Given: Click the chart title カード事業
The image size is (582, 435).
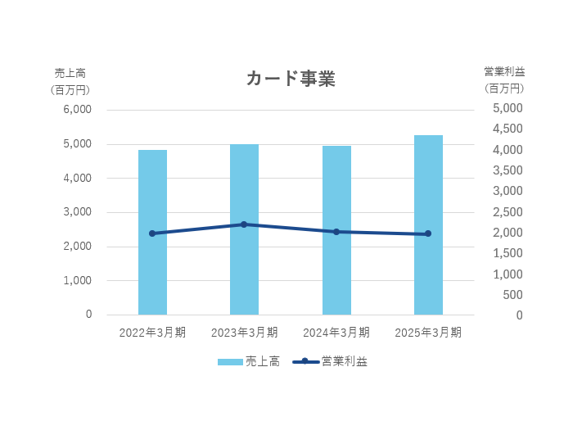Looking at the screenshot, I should (x=291, y=79).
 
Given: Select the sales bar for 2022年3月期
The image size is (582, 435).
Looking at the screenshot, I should (x=152, y=246).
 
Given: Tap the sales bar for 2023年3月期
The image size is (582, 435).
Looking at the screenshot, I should (x=244, y=246).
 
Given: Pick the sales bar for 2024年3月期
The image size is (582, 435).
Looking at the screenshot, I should (x=336, y=246).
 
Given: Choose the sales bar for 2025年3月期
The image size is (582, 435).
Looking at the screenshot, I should (x=428, y=246).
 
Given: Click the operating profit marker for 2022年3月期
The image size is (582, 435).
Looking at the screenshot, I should (x=152, y=233).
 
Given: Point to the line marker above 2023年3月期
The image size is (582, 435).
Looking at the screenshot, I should (x=244, y=224).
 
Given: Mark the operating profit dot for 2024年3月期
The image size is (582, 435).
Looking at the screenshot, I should (x=336, y=232).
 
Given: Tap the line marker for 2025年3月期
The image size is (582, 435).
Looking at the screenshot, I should (x=428, y=233).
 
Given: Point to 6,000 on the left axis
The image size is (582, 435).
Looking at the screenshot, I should (x=77, y=110).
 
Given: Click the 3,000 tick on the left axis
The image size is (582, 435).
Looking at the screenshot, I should (x=77, y=212).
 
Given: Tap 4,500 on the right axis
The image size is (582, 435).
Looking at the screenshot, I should (x=508, y=129).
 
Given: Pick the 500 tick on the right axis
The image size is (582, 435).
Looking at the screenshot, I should (x=513, y=295).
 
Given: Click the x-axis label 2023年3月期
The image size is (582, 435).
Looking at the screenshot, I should (x=244, y=333).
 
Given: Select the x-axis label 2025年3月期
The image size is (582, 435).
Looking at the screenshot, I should (x=428, y=333).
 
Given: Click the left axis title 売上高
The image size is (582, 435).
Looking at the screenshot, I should (x=70, y=72).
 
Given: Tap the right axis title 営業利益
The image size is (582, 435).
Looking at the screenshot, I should (x=504, y=72).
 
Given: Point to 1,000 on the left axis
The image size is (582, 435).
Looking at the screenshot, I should (x=77, y=280).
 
